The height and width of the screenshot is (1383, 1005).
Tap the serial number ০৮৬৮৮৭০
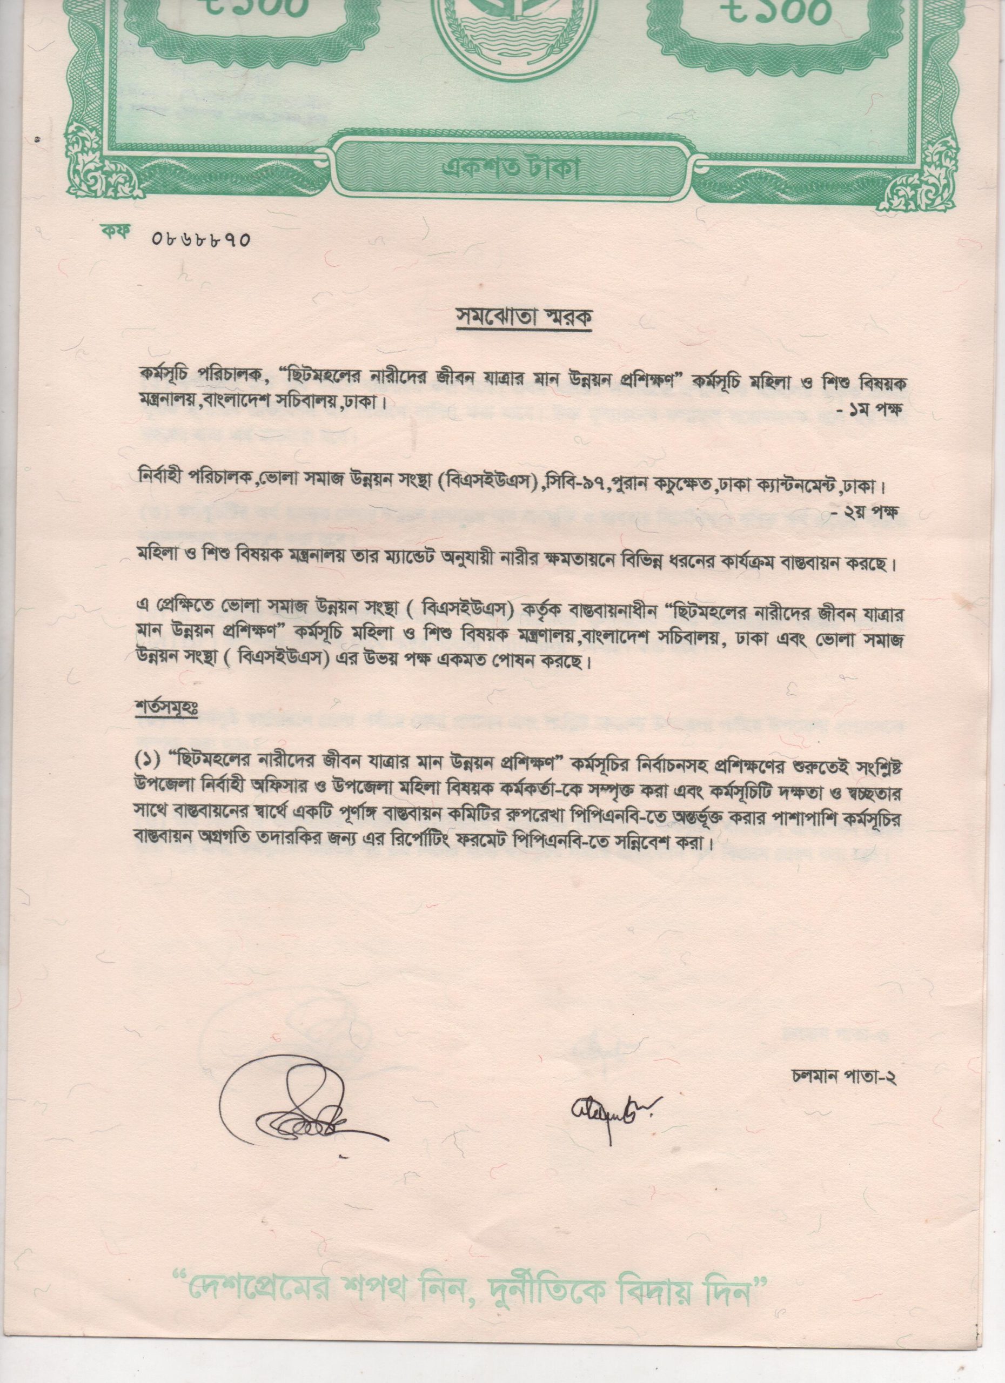(200, 238)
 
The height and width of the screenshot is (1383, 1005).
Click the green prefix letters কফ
(113, 234)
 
